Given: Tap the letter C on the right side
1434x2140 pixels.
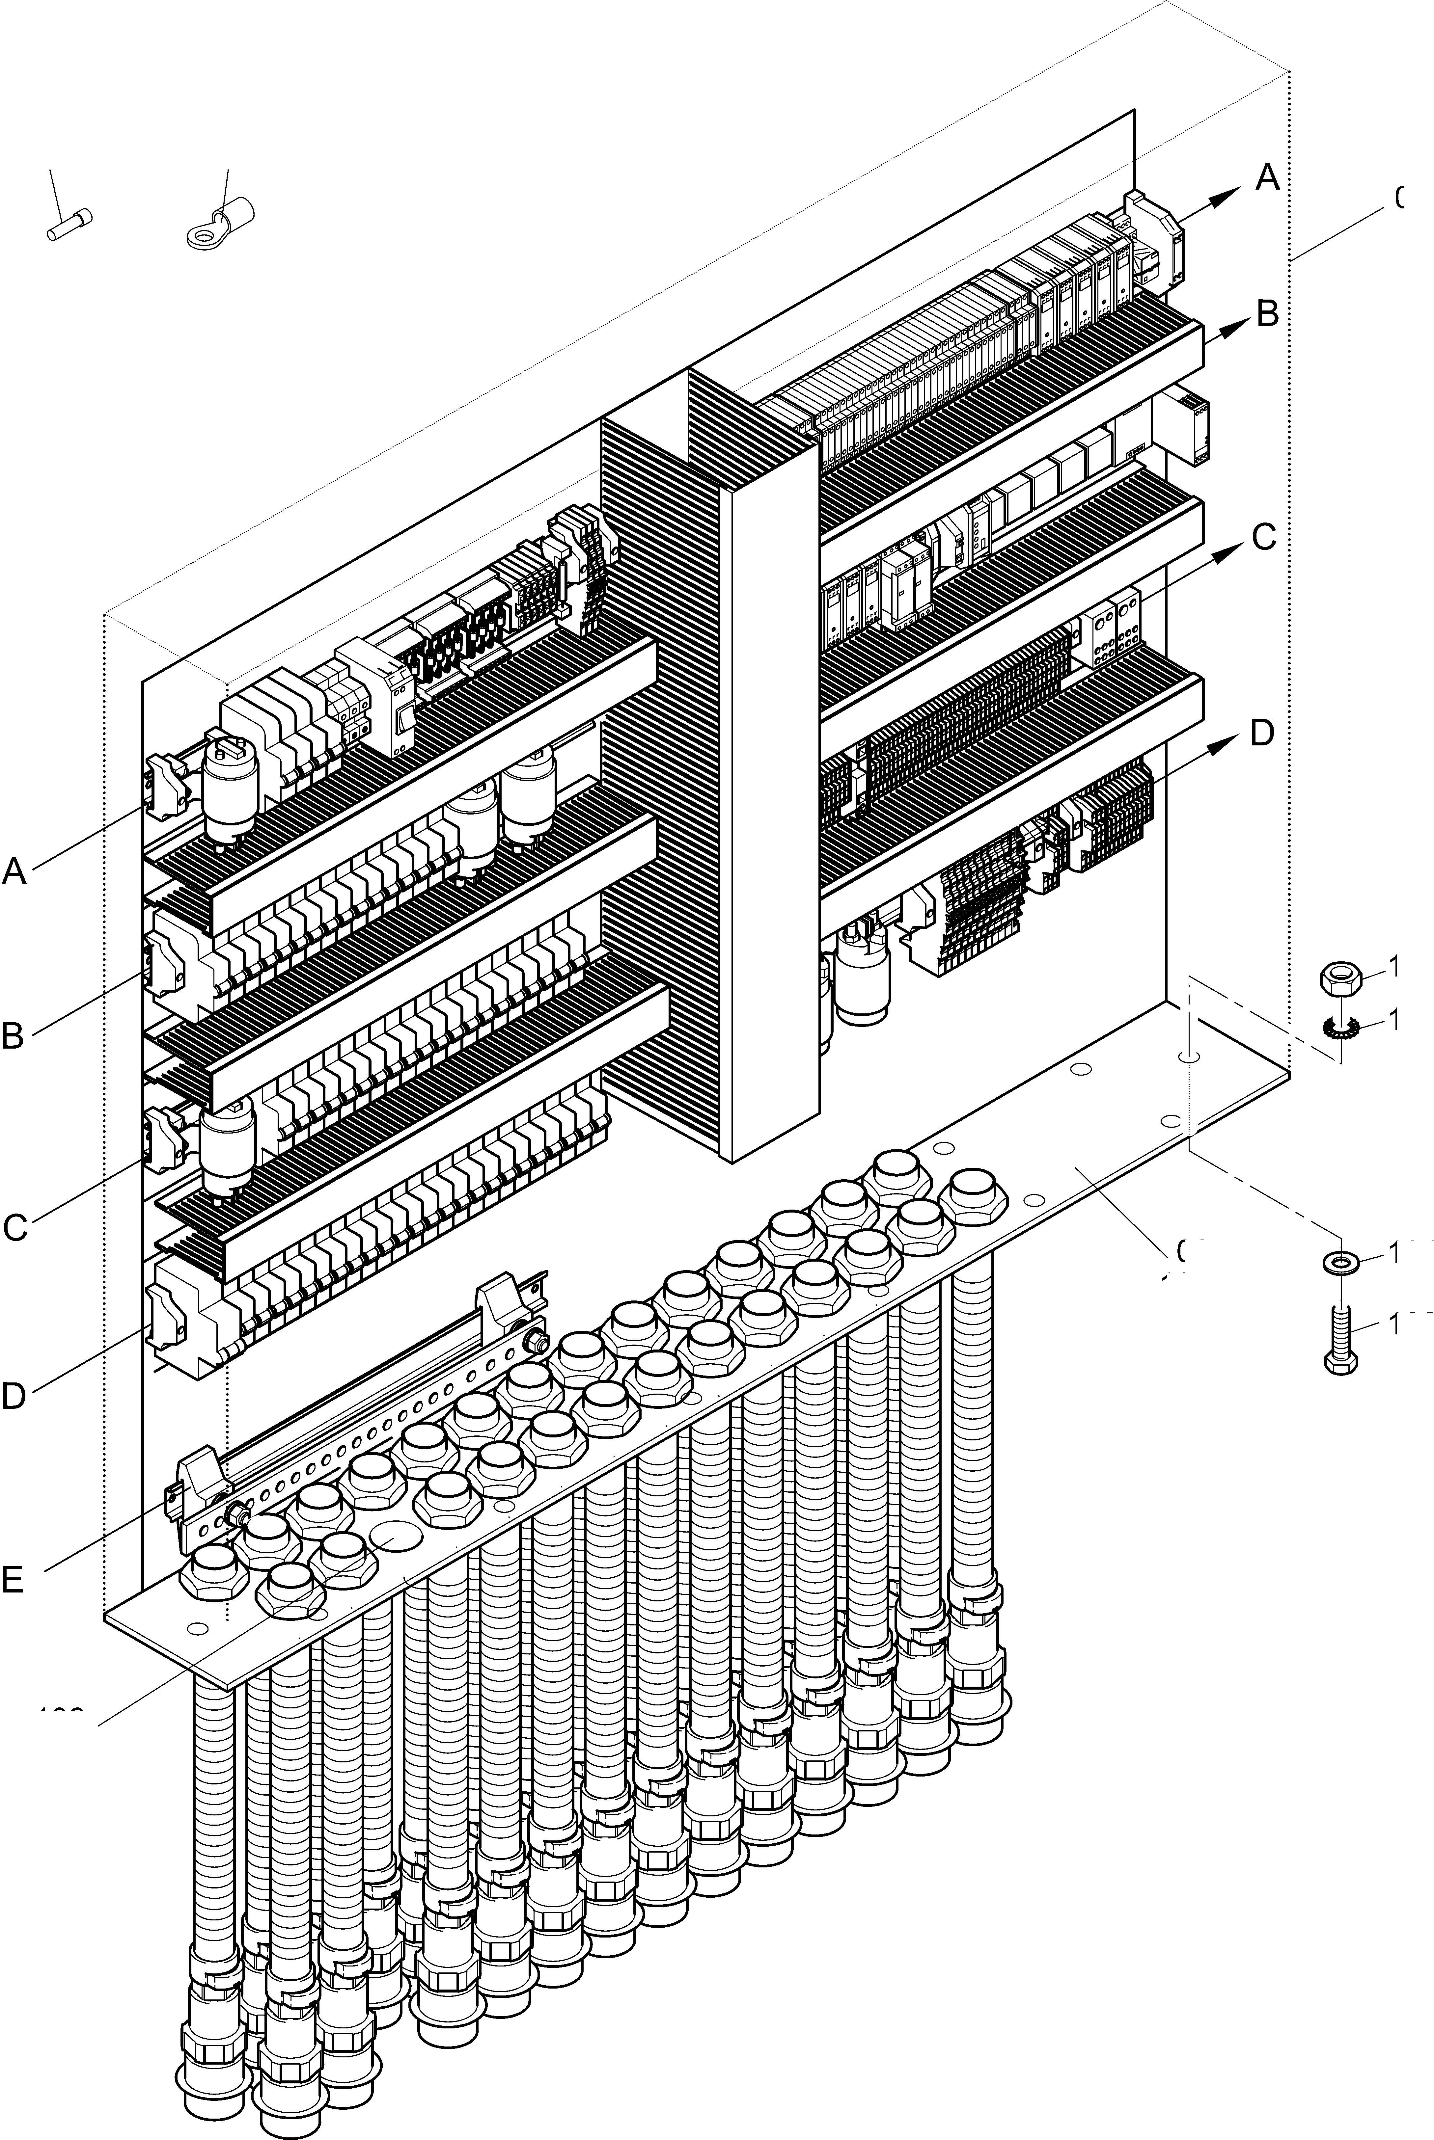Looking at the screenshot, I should [x=1263, y=538].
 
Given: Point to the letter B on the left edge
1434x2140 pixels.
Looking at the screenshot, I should [x=13, y=1036].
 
